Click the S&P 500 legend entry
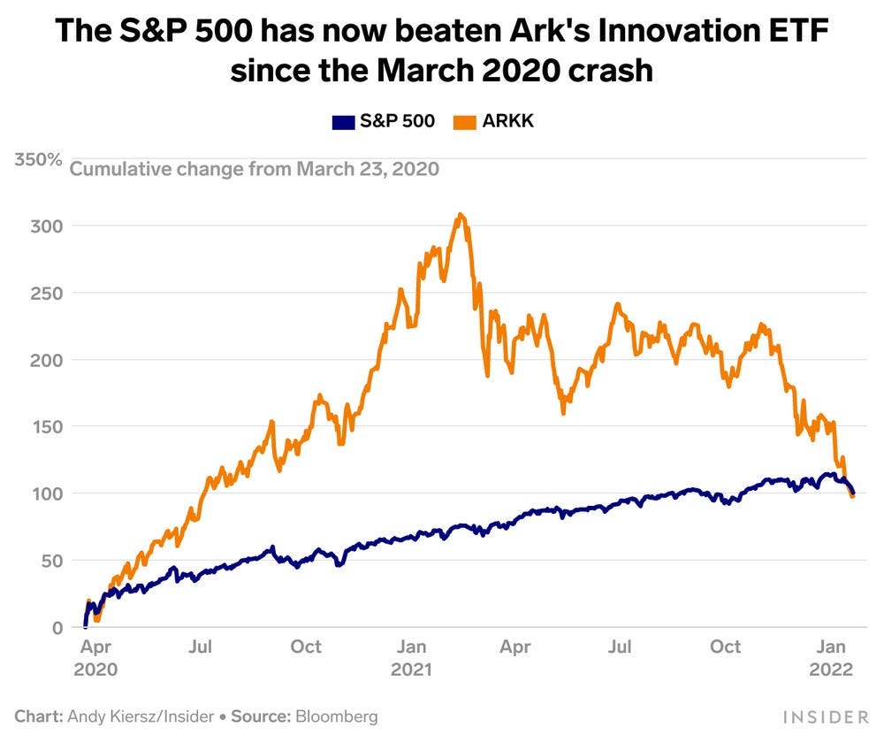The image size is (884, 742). tap(384, 121)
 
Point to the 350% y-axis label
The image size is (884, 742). tap(38, 161)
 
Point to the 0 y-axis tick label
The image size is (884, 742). tap(56, 628)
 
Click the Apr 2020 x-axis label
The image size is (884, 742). tap(95, 658)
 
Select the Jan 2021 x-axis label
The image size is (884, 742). tap(411, 658)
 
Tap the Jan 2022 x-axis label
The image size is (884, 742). tap(831, 658)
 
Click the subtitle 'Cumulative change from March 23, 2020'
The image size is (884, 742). tap(254, 169)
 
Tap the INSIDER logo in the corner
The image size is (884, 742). tap(825, 716)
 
